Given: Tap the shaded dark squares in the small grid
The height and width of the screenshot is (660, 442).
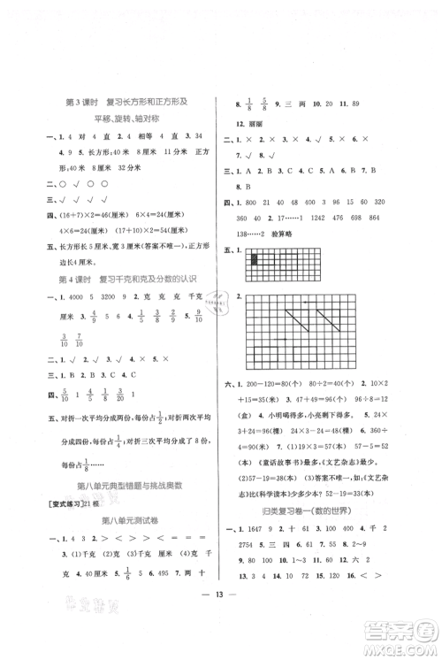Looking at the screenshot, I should (x=254, y=259).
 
